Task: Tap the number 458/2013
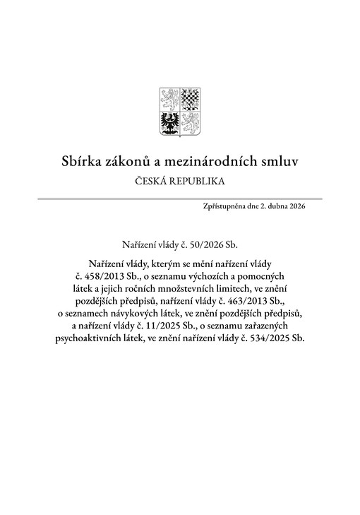coord(101,275)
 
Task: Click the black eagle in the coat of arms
coord(170,121)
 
